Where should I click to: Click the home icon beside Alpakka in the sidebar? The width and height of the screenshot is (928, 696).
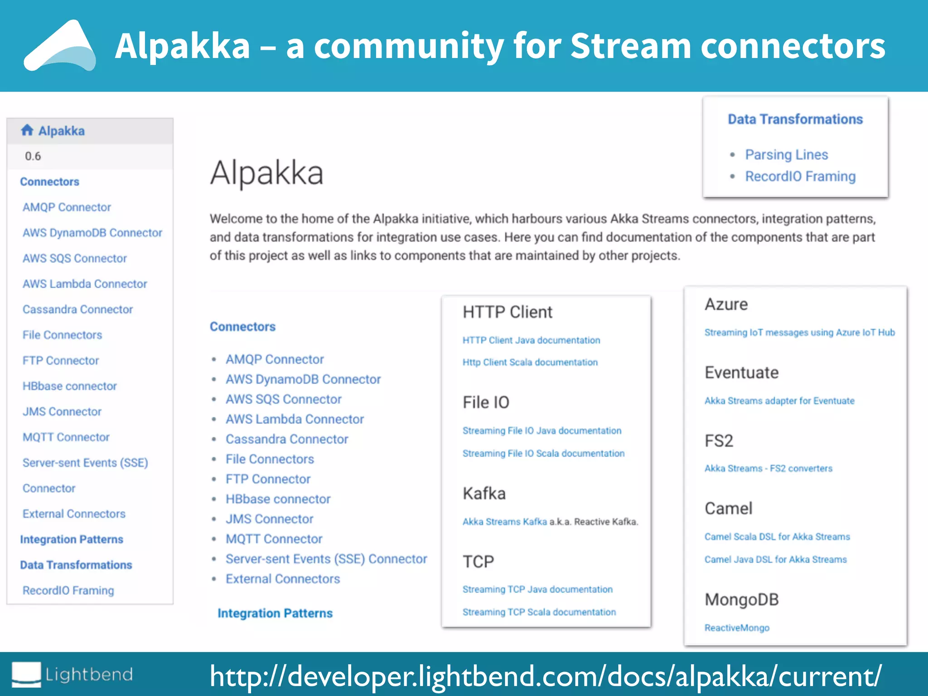[27, 130]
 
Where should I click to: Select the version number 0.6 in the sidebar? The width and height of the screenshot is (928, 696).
[33, 156]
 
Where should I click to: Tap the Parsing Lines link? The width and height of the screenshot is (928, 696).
[786, 155]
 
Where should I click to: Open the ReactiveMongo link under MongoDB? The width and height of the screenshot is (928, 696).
[737, 628]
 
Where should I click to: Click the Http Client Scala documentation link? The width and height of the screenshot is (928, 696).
[530, 362]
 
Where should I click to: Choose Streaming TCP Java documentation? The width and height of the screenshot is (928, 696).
[537, 589]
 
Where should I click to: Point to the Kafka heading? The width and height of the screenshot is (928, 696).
[484, 493]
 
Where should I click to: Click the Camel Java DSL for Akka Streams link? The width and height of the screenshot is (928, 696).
[775, 560]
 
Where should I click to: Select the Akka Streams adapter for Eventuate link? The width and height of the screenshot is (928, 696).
[779, 401]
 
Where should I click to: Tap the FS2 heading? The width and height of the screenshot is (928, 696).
[719, 441]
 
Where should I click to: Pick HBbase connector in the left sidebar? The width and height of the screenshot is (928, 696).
[70, 386]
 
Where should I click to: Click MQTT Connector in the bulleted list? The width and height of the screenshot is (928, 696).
[274, 539]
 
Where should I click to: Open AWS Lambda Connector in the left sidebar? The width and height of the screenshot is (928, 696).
[85, 284]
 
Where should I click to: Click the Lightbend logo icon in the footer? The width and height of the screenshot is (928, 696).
[26, 674]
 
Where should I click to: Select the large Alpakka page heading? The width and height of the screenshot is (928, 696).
[266, 173]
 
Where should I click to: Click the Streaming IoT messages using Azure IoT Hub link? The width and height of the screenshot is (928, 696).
[799, 333]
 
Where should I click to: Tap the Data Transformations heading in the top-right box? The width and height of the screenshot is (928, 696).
[795, 119]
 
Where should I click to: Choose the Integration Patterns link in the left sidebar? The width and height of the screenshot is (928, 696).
[72, 539]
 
